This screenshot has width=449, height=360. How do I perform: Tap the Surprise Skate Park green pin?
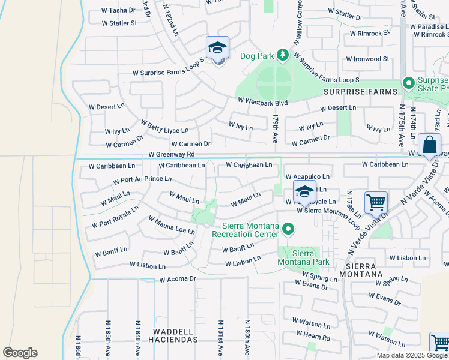tap(409, 83)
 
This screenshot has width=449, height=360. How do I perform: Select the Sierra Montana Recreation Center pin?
tap(288, 229)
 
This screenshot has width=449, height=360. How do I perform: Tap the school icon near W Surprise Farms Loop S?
tap(217, 49)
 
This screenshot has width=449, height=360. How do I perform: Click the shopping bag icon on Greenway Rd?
tap(430, 146)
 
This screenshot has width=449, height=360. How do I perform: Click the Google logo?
tap(20, 353)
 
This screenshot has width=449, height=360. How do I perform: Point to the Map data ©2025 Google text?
tap(412, 355)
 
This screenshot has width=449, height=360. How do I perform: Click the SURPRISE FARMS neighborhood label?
tap(360, 92)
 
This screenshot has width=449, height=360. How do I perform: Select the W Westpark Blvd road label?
tap(263, 103)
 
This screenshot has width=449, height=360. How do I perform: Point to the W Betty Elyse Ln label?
tap(164, 126)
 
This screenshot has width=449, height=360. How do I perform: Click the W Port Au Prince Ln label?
tap(142, 179)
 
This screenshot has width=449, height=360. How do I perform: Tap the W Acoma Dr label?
tap(178, 279)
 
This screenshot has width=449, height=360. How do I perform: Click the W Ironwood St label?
tap(367, 59)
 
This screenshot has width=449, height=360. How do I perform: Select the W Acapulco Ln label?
tap(307, 176)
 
